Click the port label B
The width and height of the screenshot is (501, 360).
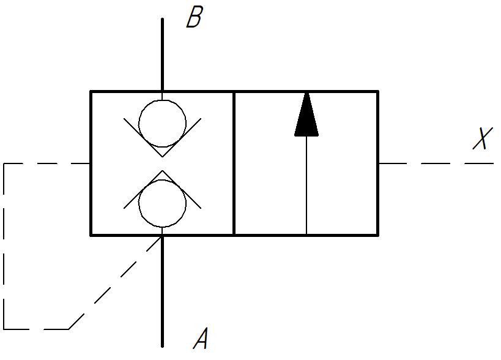195,17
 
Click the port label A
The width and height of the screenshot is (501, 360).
201,338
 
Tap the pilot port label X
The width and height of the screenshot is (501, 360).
483,138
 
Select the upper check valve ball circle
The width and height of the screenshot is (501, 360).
162,124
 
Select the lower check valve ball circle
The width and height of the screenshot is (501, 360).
162,203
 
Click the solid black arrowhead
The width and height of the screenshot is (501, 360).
306,114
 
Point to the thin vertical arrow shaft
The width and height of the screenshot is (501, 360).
306,186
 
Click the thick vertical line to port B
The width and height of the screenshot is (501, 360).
162,55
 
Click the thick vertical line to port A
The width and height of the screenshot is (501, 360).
162,291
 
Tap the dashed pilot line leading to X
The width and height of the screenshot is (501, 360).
436,163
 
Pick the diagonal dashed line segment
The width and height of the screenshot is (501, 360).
116,283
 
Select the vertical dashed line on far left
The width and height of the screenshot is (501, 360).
4,246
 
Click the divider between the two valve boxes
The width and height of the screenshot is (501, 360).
234,163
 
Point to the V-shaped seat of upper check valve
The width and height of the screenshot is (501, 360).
162,138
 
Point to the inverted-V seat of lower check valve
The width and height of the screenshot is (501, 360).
162,189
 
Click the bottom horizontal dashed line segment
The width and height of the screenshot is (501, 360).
36,329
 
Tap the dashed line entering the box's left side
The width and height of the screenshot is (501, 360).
46,163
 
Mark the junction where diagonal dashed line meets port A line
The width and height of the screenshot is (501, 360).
162,236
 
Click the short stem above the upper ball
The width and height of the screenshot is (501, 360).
162,96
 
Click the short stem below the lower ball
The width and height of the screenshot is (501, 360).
162,231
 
